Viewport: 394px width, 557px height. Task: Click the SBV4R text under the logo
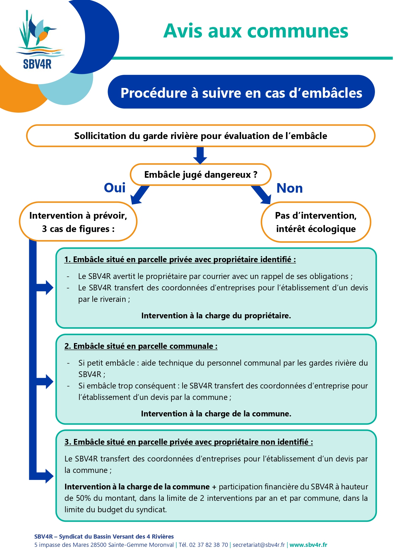pos(37,64)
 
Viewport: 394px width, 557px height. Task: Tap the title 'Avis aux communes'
pos(256,31)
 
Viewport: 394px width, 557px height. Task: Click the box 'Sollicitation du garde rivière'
pos(201,136)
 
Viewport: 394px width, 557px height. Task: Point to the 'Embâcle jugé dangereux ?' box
pos(201,175)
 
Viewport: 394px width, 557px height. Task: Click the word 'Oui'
pos(115,188)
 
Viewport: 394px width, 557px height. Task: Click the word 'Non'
pos(290,188)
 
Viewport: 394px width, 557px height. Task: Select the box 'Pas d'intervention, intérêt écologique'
pos(316,222)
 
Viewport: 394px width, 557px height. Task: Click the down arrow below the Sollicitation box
pos(200,156)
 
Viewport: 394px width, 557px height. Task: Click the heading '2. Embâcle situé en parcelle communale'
pos(141,346)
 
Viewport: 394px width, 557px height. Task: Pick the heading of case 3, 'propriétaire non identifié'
pos(189,442)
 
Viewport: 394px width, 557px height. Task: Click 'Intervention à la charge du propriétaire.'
pos(216,315)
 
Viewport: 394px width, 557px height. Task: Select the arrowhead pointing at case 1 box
pos(50,288)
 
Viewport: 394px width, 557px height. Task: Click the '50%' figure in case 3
pos(83,498)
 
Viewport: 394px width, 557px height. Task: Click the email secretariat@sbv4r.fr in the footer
pos(259,545)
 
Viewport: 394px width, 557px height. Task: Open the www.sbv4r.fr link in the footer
pos(308,545)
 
